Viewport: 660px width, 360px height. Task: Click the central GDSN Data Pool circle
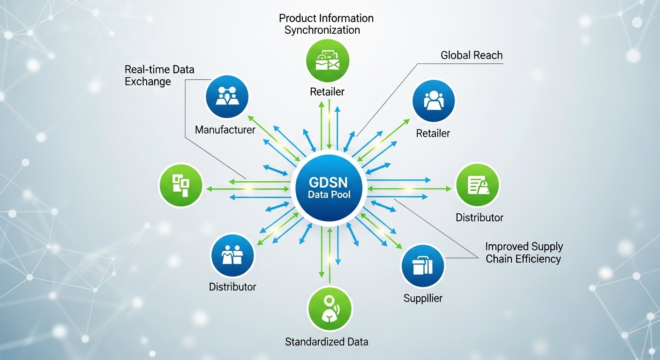330,187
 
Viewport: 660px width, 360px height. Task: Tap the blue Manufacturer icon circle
227,97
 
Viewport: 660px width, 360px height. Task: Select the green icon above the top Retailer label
327,61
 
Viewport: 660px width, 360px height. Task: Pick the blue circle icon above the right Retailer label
434,101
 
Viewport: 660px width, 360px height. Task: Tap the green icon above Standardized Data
329,309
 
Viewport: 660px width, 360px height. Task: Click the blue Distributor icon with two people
232,256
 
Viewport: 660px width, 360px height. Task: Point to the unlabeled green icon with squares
181,185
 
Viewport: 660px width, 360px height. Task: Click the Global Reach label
471,55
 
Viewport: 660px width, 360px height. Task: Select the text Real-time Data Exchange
159,75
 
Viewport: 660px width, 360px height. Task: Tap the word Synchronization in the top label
322,30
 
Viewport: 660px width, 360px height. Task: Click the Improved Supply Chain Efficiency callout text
524,253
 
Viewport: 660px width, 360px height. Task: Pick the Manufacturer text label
225,130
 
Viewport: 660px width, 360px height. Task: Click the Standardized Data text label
327,342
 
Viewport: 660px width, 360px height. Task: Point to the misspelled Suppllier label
423,298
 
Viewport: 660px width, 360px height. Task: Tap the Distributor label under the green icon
480,217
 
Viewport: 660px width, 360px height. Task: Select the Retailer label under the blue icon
433,134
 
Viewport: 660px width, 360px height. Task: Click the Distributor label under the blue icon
232,287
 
